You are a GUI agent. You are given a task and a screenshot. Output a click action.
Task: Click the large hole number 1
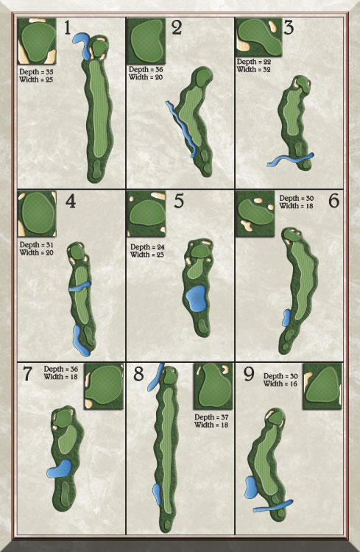tap(67, 28)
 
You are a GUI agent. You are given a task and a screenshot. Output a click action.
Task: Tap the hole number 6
tap(333, 200)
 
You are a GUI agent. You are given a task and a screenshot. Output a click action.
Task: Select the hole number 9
tap(249, 375)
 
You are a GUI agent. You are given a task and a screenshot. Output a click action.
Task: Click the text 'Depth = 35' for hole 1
tap(36, 72)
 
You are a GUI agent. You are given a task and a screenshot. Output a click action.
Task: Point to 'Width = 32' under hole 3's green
tap(254, 69)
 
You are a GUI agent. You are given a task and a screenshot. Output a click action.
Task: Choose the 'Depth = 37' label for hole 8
tap(211, 417)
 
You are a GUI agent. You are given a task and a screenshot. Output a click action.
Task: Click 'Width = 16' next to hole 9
tap(280, 383)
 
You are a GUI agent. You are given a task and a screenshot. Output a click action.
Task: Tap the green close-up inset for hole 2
tap(147, 41)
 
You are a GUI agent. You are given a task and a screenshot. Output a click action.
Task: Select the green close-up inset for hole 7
tap(104, 386)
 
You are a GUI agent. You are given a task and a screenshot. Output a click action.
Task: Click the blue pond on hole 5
tap(197, 299)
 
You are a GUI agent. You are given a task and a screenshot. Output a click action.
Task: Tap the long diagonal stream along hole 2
tap(181, 129)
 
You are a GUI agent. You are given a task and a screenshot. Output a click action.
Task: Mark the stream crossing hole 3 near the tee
tap(291, 160)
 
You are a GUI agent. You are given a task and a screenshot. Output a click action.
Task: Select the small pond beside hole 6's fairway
tap(286, 318)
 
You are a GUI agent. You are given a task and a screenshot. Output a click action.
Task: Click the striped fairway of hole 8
tap(169, 450)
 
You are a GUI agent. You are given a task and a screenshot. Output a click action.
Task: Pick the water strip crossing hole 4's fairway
tap(80, 286)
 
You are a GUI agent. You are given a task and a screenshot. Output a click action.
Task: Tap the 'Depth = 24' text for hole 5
tap(147, 247)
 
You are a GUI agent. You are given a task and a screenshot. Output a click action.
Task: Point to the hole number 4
tap(71, 202)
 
